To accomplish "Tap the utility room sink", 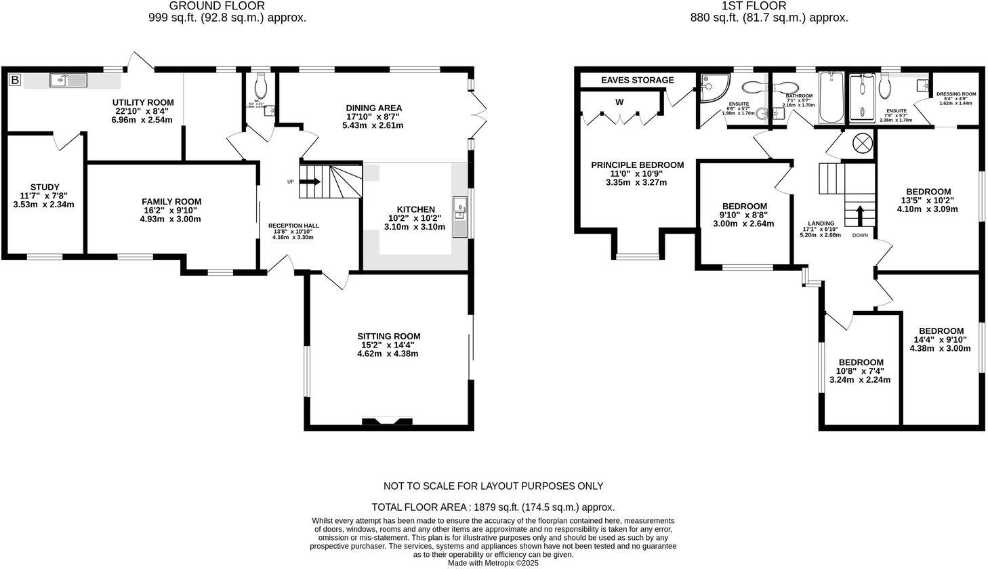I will tap(68, 81).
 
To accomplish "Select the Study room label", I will tap(45, 187).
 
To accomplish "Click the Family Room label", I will tap(171, 201).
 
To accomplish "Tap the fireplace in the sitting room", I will tap(388, 421).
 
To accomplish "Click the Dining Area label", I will tap(373, 108).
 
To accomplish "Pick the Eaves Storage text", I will tap(638, 80).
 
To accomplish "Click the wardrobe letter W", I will tap(619, 102).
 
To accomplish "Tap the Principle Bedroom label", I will tap(637, 165).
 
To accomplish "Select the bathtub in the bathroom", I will tap(831, 99).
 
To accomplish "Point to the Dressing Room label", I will tap(955, 94).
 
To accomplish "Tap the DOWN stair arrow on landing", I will tap(860, 216).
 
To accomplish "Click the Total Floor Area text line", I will tap(493, 507).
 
